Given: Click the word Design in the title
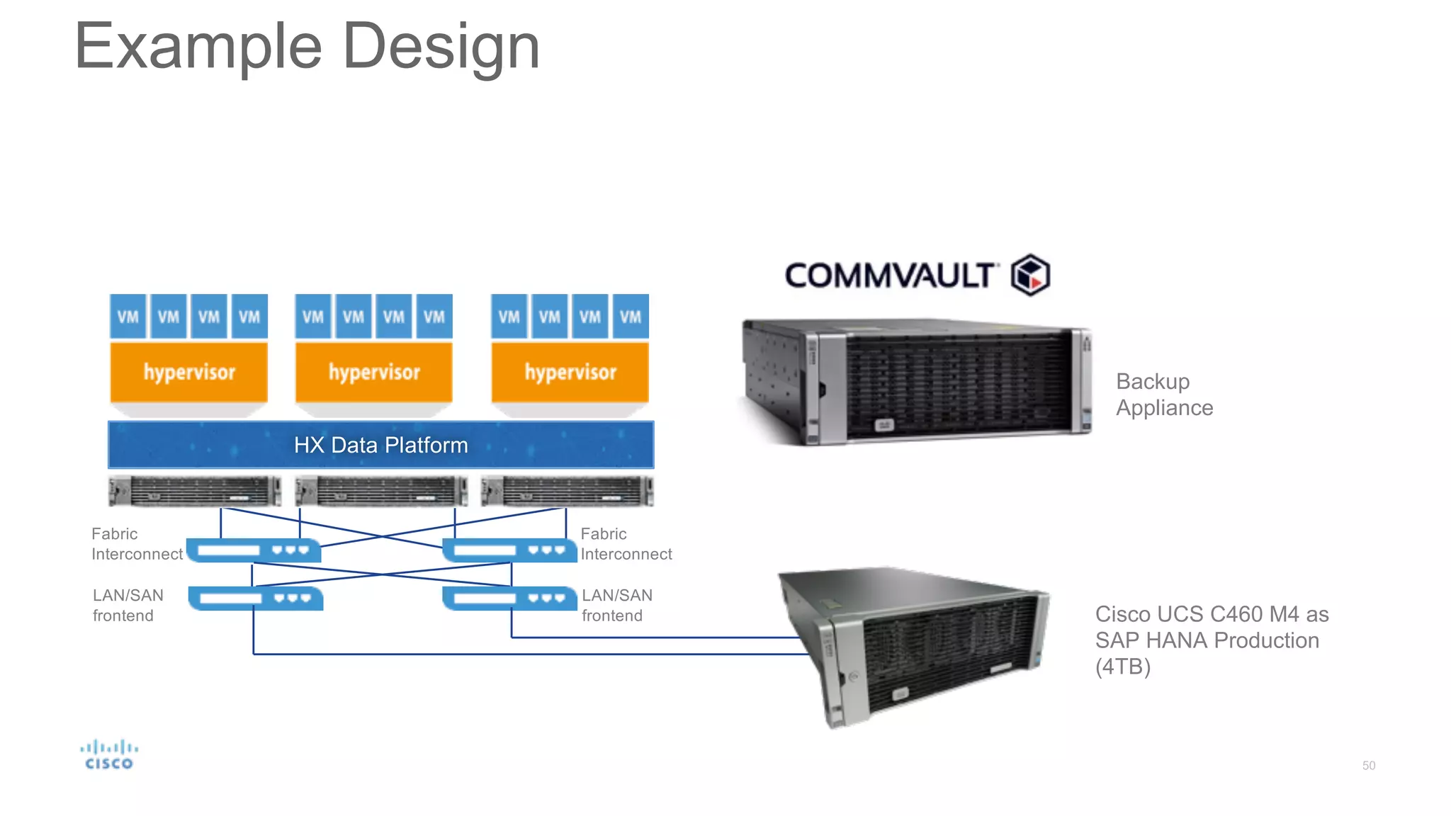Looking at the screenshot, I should (x=441, y=47).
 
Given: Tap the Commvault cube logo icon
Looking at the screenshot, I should (x=1029, y=275).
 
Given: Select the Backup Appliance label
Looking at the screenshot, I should (x=1164, y=395).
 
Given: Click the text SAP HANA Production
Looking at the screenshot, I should (x=1207, y=640).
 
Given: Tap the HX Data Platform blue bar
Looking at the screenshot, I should (x=380, y=445).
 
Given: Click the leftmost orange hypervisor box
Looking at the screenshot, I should (x=189, y=372).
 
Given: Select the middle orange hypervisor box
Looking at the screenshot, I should (x=374, y=372).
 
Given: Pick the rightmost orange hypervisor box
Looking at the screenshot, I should (x=570, y=372).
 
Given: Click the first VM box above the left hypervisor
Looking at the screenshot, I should (x=128, y=317).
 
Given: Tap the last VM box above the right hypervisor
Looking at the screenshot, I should (x=631, y=317).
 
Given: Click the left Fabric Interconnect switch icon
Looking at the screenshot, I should (x=254, y=550).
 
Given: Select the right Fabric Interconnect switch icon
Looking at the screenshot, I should (x=509, y=550).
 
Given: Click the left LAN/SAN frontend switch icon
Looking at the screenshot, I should (x=256, y=599).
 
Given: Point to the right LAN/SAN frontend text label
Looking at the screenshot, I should (x=616, y=606).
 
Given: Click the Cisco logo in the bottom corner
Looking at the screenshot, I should (x=109, y=755).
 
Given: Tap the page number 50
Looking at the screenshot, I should (x=1368, y=766).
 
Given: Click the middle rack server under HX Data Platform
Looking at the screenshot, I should (x=381, y=491).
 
